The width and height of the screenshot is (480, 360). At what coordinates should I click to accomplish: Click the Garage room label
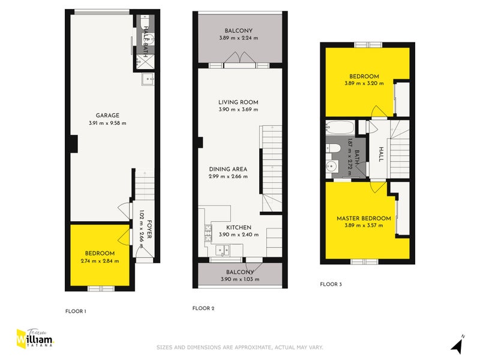[108, 116]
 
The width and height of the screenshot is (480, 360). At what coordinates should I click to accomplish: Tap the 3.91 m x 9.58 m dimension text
[108, 124]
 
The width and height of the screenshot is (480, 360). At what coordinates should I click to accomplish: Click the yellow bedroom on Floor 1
[100, 257]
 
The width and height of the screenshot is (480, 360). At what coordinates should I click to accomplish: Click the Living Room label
[238, 102]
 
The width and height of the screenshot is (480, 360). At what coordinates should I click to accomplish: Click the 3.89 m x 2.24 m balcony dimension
[238, 38]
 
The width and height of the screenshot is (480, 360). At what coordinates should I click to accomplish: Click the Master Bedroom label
[364, 218]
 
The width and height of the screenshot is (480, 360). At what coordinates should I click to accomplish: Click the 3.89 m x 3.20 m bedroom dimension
[364, 84]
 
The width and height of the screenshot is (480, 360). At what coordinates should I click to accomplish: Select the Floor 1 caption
[76, 311]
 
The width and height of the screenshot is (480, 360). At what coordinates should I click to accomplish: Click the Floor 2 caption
[203, 308]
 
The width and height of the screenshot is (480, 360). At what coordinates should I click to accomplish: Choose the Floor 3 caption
[331, 284]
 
